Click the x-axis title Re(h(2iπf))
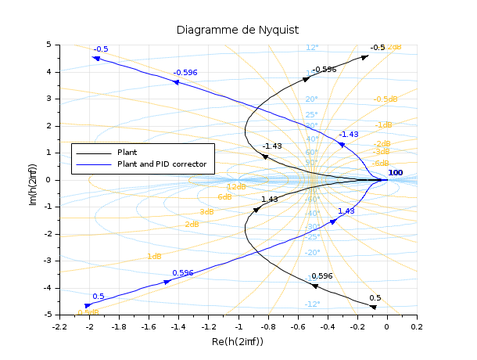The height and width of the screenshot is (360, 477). coord(238,342)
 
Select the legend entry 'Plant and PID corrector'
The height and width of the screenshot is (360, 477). coord(162,164)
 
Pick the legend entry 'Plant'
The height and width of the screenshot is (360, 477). coord(127,152)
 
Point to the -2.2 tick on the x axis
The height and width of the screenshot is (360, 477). coord(60,326)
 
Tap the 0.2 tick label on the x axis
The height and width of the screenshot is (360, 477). coord(417,326)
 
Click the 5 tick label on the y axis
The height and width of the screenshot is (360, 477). coord(48,45)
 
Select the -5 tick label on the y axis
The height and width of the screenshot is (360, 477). coord(47,315)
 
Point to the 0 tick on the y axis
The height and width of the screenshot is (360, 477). coord(48,180)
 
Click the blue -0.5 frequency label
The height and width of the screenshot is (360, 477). coord(101,49)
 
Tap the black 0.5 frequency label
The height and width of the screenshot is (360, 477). coord(375,298)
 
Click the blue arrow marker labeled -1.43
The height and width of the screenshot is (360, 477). coord(341,144)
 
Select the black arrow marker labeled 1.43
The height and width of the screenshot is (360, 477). coord(256,209)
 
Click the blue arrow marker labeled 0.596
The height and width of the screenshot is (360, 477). coord(167,282)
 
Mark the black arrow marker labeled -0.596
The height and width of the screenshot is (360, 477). coord(307,78)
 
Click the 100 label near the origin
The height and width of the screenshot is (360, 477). coord(396,172)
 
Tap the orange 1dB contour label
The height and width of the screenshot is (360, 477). coord(154,257)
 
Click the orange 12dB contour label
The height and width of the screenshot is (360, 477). coord(236,187)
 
